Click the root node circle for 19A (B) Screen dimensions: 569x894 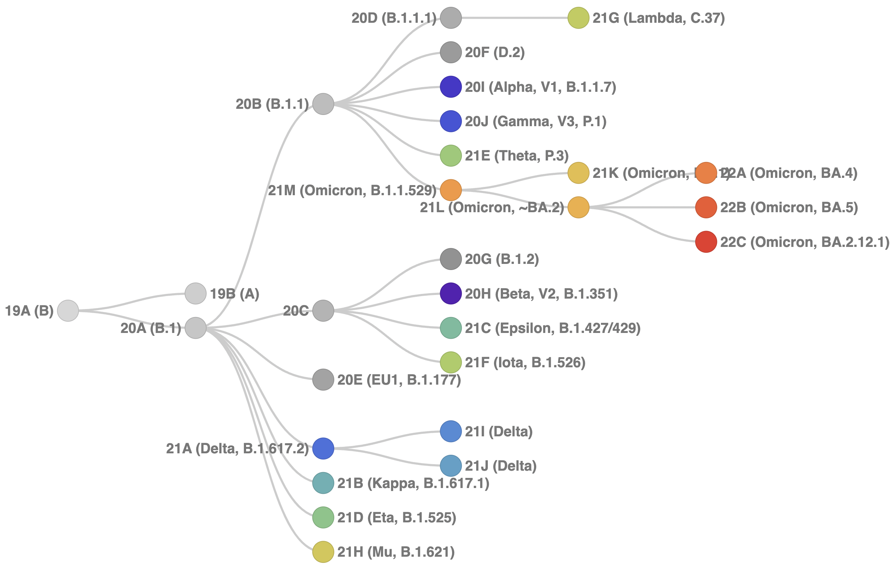[x=68, y=311]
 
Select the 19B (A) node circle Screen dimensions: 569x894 [x=195, y=294]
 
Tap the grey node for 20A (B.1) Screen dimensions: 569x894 [x=195, y=328]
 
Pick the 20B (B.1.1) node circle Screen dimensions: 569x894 [x=323, y=104]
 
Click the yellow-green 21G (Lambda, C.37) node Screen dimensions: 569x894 [x=578, y=17]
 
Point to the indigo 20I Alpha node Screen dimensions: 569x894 [x=450, y=86]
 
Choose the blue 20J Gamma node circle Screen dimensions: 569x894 [x=450, y=121]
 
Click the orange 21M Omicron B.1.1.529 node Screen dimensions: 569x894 [x=450, y=190]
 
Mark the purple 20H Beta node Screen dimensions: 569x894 [x=450, y=294]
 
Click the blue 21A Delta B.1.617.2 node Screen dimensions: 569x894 [x=323, y=448]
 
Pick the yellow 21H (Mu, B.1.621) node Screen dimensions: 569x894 [x=323, y=552]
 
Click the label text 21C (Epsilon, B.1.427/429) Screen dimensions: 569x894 [x=553, y=328]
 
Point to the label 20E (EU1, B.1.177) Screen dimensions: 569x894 [x=399, y=380]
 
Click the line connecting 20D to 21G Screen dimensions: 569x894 [x=514, y=17]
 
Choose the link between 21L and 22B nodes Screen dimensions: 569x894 [x=642, y=207]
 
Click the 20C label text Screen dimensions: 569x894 [x=296, y=311]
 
